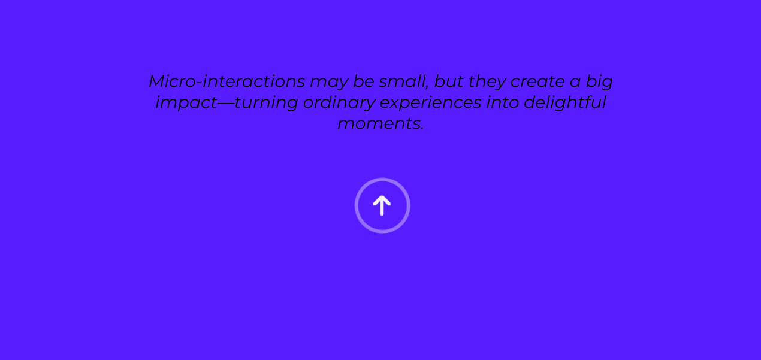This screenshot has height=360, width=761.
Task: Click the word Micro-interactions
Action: (x=227, y=81)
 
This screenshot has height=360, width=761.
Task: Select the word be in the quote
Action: (x=364, y=81)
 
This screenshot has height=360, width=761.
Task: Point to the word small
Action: (x=403, y=81)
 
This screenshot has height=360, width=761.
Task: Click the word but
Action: (x=449, y=81)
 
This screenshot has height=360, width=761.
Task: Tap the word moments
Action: (x=379, y=124)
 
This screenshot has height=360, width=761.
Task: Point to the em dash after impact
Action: (x=226, y=104)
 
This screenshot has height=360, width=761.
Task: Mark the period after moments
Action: (x=422, y=129)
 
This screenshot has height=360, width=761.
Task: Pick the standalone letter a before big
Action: (x=575, y=83)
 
